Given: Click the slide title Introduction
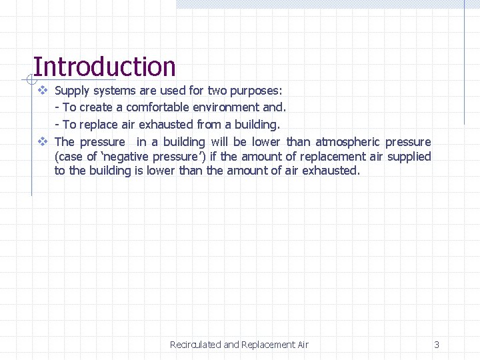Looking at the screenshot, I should coord(104,67).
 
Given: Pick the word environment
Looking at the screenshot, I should coord(223,107).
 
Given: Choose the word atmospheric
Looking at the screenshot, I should coord(347,141).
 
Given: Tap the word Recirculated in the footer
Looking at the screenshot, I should coord(195,345).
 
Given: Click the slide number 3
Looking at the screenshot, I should coord(437,345).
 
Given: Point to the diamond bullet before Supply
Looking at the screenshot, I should coord(42,90).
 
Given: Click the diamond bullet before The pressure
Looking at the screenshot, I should coord(42,141).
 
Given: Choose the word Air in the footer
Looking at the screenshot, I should coord(302,345).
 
